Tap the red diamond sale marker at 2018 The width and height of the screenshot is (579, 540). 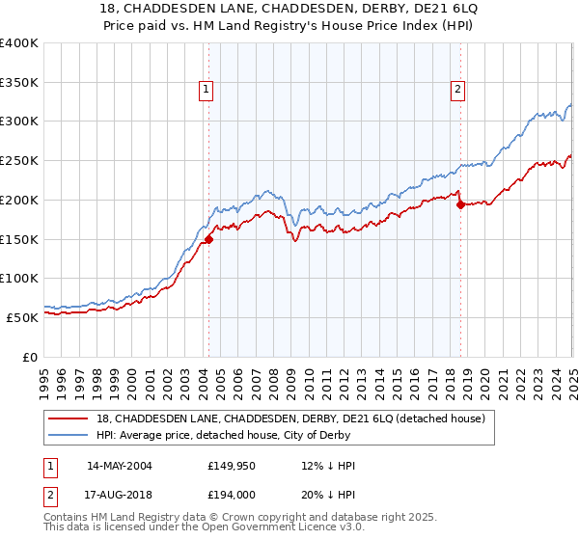click(460, 204)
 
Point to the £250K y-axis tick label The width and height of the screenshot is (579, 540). click(18, 160)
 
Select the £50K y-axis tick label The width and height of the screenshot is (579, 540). click(22, 317)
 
